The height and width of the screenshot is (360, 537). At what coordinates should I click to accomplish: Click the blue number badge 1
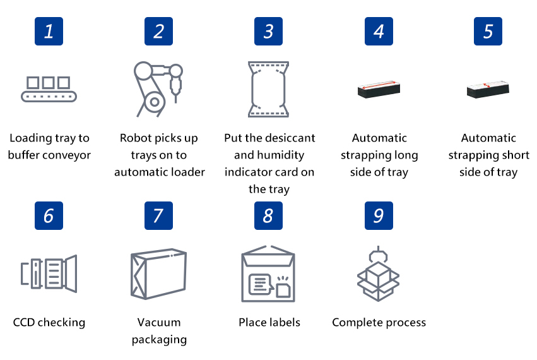[x=49, y=31]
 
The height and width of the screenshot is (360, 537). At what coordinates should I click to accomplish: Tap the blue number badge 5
[x=488, y=31]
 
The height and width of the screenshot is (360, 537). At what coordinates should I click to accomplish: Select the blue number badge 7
[x=158, y=215]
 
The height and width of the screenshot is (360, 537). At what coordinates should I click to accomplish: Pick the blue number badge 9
[x=379, y=215]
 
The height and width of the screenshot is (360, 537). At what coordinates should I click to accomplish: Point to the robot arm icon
[x=158, y=89]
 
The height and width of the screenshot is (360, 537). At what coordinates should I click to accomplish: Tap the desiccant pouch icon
[x=269, y=89]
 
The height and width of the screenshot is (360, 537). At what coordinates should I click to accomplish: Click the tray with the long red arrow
[x=379, y=89]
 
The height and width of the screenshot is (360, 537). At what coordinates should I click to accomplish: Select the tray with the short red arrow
[x=488, y=89]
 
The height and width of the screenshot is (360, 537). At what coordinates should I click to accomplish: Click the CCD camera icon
[x=49, y=274]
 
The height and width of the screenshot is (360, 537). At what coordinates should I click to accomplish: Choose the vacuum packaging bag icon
[x=158, y=274]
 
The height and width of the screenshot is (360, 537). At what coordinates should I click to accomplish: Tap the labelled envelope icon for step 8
[x=268, y=274]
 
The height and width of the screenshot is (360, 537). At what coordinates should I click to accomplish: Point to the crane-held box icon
[x=378, y=274]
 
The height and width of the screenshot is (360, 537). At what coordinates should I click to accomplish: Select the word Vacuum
[x=159, y=322]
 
